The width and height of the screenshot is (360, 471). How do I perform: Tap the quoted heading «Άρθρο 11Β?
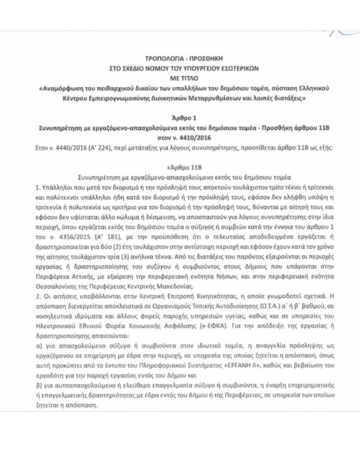[181, 167]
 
